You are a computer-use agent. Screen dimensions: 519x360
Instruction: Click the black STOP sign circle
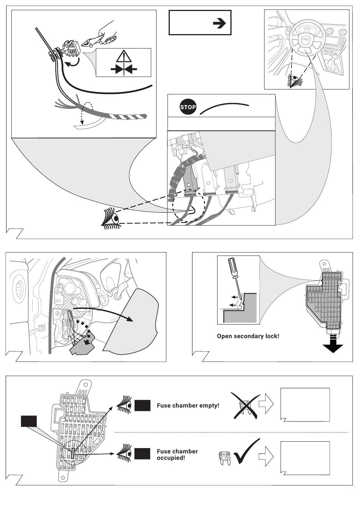pyautogui.click(x=188, y=107)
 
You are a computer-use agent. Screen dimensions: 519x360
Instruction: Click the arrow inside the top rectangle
pyautogui.click(x=219, y=24)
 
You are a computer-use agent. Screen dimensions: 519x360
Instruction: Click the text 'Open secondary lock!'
pyautogui.click(x=248, y=336)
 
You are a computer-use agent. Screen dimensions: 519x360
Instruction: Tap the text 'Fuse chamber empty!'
pyautogui.click(x=188, y=406)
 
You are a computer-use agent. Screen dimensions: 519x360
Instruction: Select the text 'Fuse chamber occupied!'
pyautogui.click(x=177, y=454)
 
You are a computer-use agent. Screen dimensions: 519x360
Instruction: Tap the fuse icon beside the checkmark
pyautogui.click(x=225, y=458)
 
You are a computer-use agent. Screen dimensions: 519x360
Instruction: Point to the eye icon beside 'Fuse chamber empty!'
pyautogui.click(x=124, y=405)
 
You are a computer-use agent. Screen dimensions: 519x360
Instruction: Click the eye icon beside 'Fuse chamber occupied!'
pyautogui.click(x=124, y=453)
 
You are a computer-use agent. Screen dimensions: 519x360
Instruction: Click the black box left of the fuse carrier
pyautogui.click(x=28, y=421)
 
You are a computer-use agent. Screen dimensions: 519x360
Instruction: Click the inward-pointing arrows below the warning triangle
pyautogui.click(x=124, y=69)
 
